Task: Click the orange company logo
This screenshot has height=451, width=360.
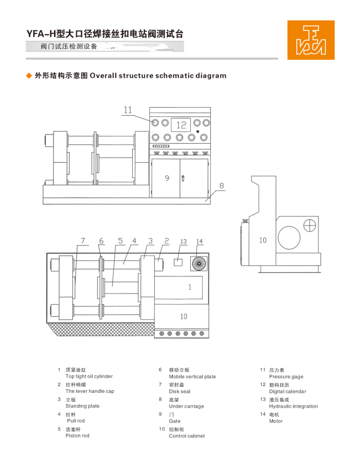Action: click(x=311, y=40)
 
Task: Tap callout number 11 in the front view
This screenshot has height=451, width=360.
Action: click(x=128, y=110)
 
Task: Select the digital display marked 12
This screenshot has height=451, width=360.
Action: click(x=181, y=125)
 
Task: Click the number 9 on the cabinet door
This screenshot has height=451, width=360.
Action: click(x=167, y=178)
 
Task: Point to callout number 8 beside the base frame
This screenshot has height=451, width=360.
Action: click(x=222, y=186)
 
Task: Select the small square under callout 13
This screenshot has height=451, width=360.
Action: click(x=178, y=262)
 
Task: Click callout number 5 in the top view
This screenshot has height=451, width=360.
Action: click(x=120, y=240)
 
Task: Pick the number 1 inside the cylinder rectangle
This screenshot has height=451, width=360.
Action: click(x=189, y=287)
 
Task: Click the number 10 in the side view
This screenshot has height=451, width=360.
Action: click(x=263, y=240)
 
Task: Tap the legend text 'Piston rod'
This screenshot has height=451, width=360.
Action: click(x=77, y=436)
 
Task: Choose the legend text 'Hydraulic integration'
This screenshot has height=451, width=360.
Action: click(x=293, y=406)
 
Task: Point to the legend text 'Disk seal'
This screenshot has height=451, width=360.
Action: click(x=179, y=391)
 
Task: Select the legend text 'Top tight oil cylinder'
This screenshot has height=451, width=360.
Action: click(x=89, y=376)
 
